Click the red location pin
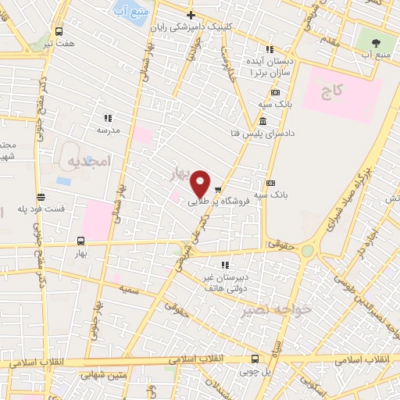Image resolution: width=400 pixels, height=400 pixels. coord(200,183)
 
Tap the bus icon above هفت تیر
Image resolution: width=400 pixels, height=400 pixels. coord(59,32)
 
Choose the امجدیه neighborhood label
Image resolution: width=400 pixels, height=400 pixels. coord(82,162)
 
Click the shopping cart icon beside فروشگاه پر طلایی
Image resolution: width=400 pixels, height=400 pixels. coord(219,188)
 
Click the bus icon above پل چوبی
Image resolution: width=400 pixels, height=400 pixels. coord(255,359)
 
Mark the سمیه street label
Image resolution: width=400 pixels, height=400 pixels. coord(129,287)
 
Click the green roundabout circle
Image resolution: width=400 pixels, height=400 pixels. coord(307,250)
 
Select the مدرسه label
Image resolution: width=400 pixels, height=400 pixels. coord(108,130)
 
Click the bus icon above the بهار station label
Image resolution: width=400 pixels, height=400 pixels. coord(81,241)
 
